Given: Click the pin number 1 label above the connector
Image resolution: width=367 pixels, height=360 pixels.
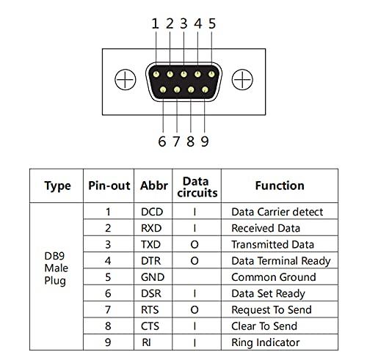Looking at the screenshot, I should [155, 23].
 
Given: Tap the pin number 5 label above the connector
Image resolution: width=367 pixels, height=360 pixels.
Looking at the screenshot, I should [212, 23].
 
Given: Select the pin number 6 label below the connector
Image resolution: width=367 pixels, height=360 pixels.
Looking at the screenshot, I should [162, 141].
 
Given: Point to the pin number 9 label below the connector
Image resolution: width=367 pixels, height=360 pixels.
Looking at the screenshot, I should [205, 141].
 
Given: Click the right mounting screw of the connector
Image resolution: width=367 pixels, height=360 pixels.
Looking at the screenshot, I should [241, 78].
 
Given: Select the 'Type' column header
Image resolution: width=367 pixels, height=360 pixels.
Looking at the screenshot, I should [58, 186].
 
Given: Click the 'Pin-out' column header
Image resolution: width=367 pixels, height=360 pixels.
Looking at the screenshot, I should [109, 186].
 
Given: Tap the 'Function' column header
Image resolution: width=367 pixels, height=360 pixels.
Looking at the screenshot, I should [279, 186].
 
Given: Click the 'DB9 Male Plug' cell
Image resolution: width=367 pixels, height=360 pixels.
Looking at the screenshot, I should [58, 276].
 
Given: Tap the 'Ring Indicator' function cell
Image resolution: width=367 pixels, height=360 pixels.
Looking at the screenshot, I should [265, 342].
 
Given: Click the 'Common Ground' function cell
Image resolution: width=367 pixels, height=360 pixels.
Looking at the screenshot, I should [273, 277].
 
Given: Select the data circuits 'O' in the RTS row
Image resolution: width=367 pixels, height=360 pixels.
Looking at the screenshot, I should [195, 309].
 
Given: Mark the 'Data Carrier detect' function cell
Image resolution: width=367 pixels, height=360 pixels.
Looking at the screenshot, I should [277, 212].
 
